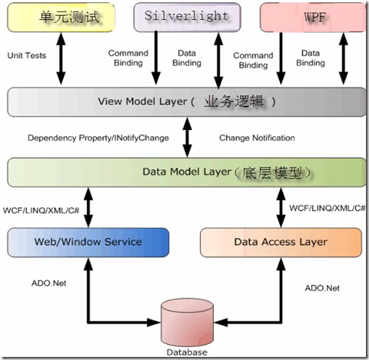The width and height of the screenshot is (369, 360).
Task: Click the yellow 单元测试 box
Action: (61, 18)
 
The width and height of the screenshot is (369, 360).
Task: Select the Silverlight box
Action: (187, 18)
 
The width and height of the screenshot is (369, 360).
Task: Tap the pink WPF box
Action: (313, 18)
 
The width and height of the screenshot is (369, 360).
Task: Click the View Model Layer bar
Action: (186, 102)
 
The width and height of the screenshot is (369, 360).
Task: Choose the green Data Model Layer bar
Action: (186, 172)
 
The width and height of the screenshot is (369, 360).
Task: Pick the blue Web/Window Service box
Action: (88, 242)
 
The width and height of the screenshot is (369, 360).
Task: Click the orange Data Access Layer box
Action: (281, 242)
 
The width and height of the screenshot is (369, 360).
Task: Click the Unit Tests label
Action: (27, 56)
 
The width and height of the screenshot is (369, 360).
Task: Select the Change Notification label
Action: (257, 138)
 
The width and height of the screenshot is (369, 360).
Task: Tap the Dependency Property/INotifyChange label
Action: (98, 138)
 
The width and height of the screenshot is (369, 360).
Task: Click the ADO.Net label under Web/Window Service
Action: (49, 283)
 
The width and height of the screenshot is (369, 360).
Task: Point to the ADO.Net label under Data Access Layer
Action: (322, 288)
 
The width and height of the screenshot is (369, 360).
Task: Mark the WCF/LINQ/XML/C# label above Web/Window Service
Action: (41, 210)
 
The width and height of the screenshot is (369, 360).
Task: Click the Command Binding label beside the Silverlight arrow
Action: (128, 58)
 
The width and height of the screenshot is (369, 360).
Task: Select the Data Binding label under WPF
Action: (310, 58)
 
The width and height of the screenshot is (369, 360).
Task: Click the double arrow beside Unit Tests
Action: (61, 59)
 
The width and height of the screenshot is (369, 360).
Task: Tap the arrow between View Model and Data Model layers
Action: (187, 137)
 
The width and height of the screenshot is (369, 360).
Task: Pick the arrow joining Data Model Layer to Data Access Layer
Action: (281, 208)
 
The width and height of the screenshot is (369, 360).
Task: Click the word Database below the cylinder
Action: (187, 352)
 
